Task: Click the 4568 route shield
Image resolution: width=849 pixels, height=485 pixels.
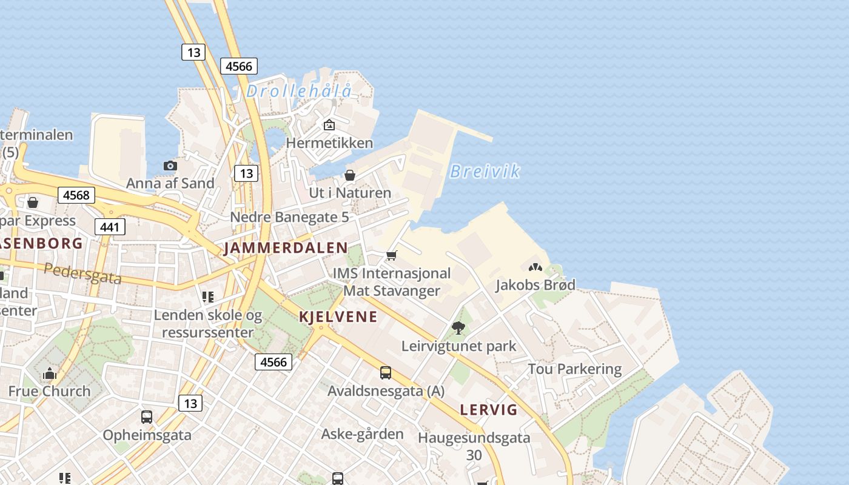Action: (x=76, y=195)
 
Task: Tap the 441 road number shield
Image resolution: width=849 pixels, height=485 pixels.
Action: (x=110, y=227)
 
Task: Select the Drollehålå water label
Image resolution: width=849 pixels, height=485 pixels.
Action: (x=298, y=92)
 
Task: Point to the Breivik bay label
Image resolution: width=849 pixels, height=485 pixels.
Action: (x=485, y=172)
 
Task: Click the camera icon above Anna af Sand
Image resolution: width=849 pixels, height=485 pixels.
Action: (x=170, y=166)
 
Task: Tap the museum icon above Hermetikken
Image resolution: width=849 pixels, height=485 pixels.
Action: (x=329, y=125)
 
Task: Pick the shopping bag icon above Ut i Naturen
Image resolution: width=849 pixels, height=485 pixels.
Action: (x=350, y=175)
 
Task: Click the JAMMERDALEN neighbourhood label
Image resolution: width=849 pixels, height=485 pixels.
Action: (x=286, y=248)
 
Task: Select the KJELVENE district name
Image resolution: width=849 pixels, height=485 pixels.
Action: (x=338, y=316)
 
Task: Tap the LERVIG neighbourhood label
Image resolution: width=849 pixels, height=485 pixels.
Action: (x=489, y=410)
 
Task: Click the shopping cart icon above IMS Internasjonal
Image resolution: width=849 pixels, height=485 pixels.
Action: (x=392, y=255)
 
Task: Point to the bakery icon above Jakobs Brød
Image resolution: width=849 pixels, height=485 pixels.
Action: (x=535, y=267)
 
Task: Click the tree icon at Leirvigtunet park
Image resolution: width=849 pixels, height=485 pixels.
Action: (x=458, y=328)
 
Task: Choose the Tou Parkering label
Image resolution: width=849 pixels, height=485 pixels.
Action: (x=574, y=369)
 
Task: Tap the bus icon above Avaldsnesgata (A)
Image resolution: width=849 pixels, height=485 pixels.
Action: (x=386, y=372)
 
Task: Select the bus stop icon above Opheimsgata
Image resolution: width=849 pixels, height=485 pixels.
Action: (x=147, y=417)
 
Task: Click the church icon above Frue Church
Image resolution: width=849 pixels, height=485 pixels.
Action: (x=50, y=373)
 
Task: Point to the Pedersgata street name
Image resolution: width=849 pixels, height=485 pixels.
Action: (x=82, y=273)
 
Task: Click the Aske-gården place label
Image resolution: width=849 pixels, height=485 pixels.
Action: (x=362, y=434)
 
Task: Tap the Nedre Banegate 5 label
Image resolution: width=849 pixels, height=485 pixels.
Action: (x=289, y=216)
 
